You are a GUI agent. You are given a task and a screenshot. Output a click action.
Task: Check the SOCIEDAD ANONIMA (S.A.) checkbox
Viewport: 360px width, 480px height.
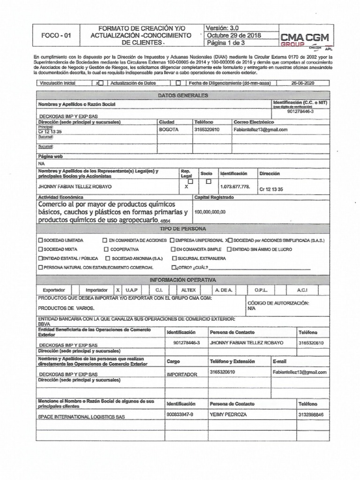click(x=108, y=258)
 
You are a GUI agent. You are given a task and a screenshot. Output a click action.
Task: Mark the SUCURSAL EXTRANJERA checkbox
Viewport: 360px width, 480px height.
click(x=174, y=258)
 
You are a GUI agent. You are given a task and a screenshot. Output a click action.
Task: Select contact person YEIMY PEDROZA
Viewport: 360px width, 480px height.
click(x=228, y=415)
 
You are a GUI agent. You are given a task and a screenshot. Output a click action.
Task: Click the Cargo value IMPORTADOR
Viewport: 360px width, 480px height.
click(x=181, y=375)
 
